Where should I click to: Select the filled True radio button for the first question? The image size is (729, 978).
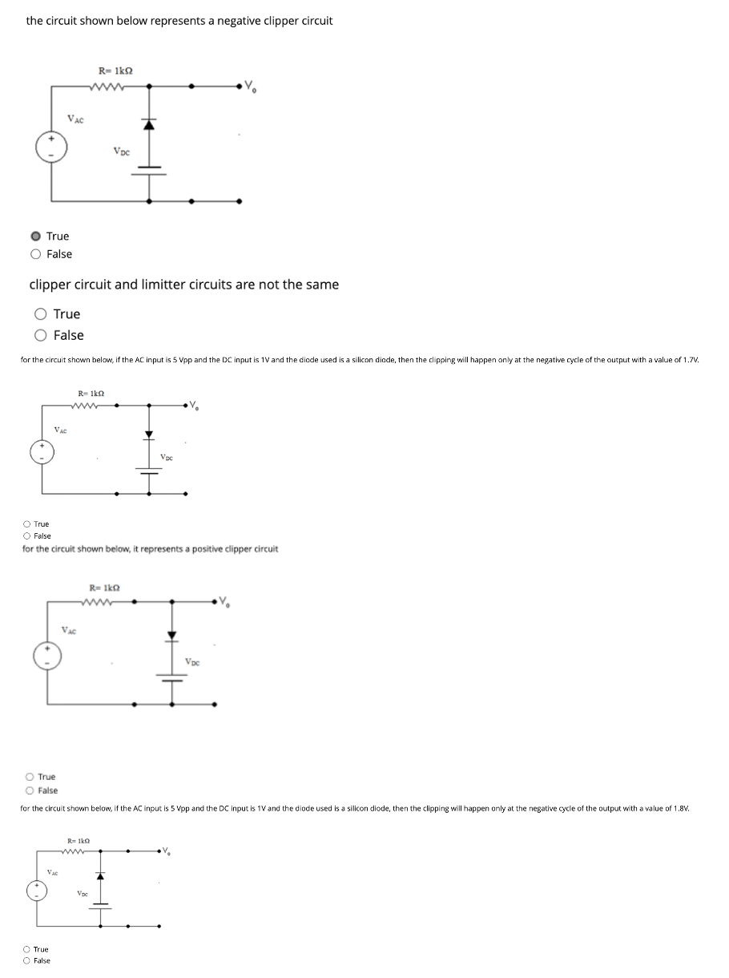click(x=36, y=236)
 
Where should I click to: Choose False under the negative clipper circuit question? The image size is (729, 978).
click(x=36, y=254)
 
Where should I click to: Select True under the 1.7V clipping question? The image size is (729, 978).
click(x=27, y=524)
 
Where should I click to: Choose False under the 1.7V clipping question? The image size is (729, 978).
click(x=27, y=536)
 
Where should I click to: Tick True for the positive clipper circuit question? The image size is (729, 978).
click(x=30, y=777)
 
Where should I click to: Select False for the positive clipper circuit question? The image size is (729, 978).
click(x=30, y=790)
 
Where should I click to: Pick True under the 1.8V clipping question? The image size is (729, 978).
click(x=27, y=949)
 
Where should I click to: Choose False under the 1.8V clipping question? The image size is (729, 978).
click(x=27, y=960)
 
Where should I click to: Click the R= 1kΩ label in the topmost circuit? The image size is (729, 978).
click(x=115, y=70)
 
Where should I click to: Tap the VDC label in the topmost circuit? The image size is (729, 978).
click(x=122, y=151)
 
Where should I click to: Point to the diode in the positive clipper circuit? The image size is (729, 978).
click(x=171, y=637)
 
